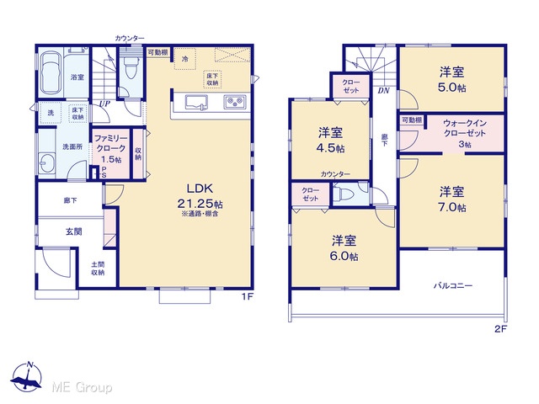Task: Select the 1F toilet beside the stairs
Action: coord(131,68)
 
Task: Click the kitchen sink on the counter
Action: coord(197,103)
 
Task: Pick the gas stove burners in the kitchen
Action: coord(234,102)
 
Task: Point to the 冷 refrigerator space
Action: coord(185,59)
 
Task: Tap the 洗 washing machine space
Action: coord(51,112)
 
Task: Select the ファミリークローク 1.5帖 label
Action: coord(110,149)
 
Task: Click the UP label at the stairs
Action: coord(104,104)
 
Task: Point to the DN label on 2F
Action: coord(384,91)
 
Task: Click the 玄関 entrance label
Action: coord(73,232)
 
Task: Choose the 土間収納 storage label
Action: coord(98,268)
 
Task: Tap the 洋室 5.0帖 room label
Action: coord(452,80)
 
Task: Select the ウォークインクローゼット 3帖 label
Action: coord(465,133)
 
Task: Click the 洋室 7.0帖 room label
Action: coord(452,199)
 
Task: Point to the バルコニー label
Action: coord(453,285)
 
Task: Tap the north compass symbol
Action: coord(26,377)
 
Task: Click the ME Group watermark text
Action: coord(82,388)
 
